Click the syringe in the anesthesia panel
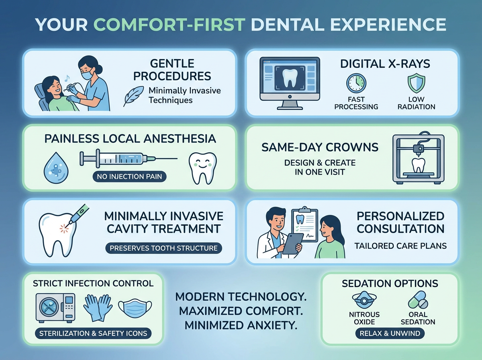click(x=120, y=160)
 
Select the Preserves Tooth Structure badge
click(x=163, y=248)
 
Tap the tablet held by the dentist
click(x=292, y=243)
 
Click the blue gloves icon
click(x=98, y=307)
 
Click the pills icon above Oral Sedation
click(x=418, y=300)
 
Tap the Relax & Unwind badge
click(x=390, y=333)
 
